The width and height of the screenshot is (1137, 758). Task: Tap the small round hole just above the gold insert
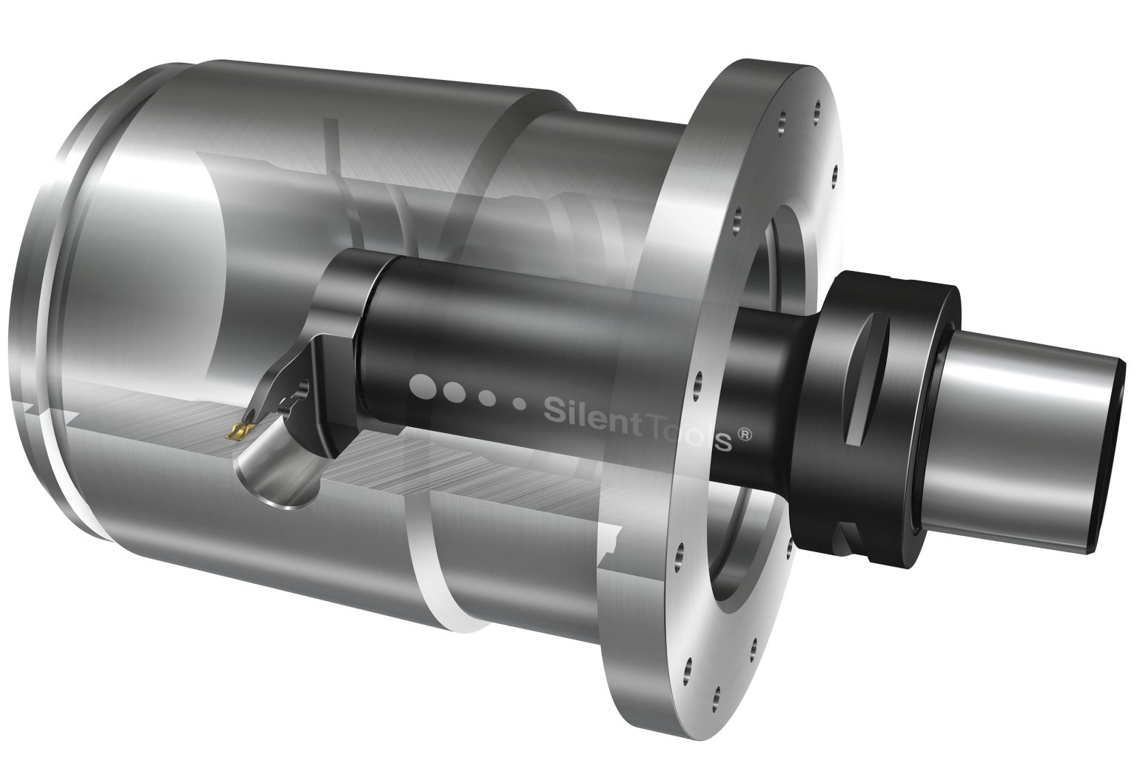point(302,386)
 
